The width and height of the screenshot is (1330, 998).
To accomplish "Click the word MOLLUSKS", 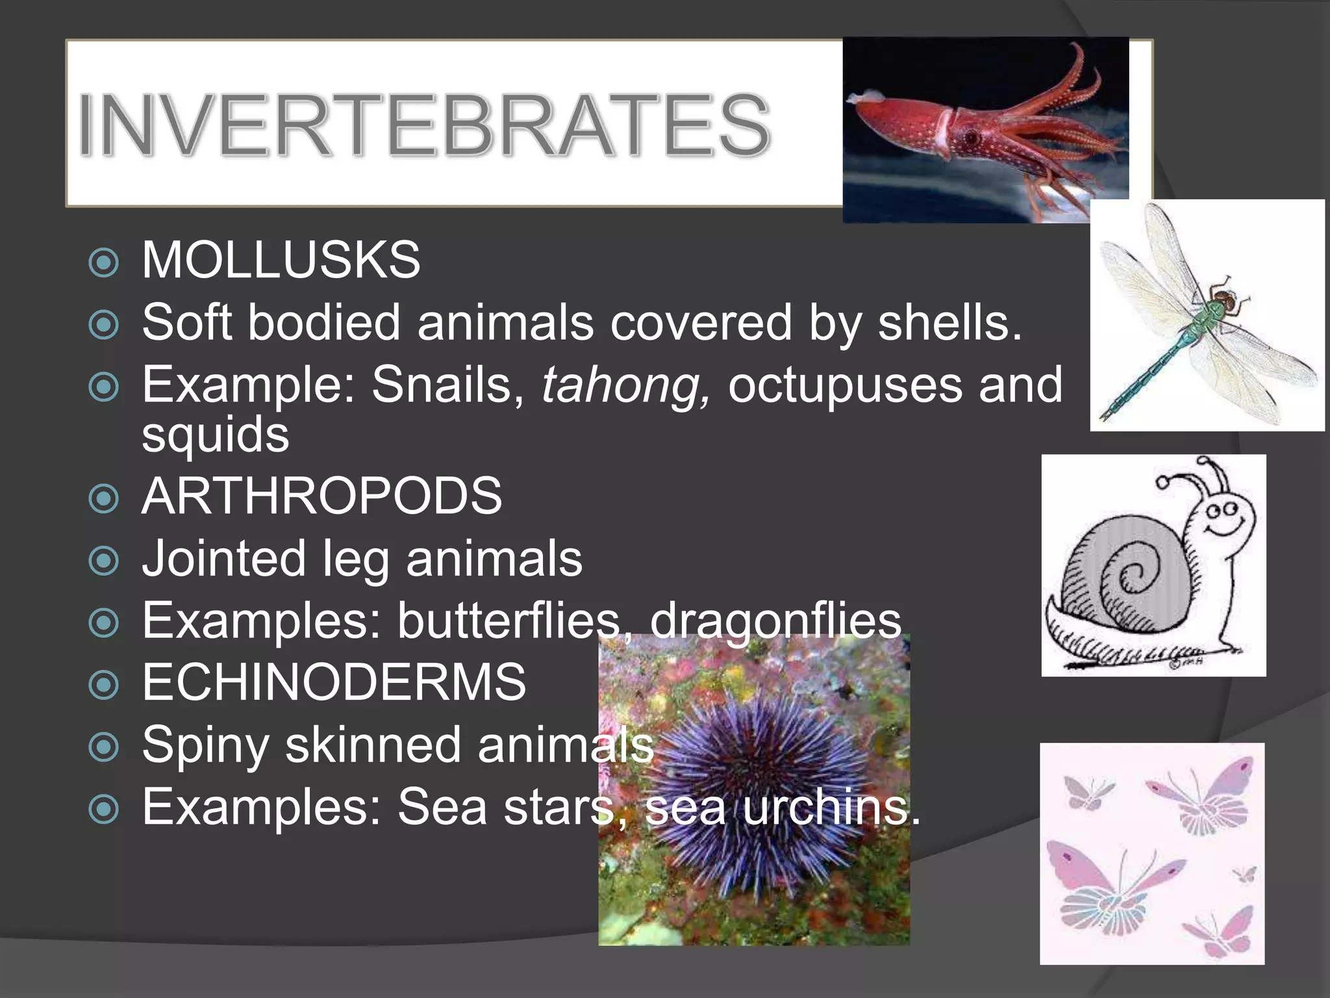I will (281, 260).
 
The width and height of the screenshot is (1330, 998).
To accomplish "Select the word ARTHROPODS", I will (321, 496).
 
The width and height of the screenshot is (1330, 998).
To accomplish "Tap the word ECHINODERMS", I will (334, 682).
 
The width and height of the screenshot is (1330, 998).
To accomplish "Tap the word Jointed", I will (223, 559).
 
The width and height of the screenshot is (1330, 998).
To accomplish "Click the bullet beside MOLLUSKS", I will (104, 262).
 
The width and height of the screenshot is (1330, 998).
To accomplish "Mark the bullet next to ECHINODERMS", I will (104, 685).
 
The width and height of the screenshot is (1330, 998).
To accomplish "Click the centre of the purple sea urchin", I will (760, 780).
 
